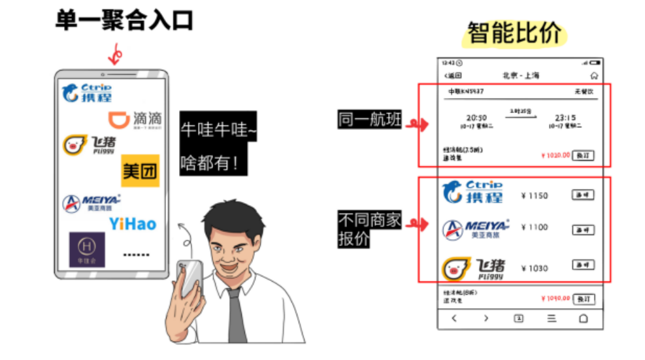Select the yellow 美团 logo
click(x=140, y=171)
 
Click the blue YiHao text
click(x=133, y=224)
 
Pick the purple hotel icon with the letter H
click(x=87, y=250)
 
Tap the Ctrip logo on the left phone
click(x=88, y=93)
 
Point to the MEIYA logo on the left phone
click(x=91, y=203)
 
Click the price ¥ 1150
click(x=534, y=195)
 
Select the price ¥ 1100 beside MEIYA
click(x=534, y=227)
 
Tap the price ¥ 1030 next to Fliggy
click(x=534, y=268)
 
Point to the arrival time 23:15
click(x=565, y=118)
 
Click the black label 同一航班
click(x=370, y=120)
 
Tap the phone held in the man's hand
click(x=189, y=278)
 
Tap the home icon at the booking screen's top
click(x=593, y=76)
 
